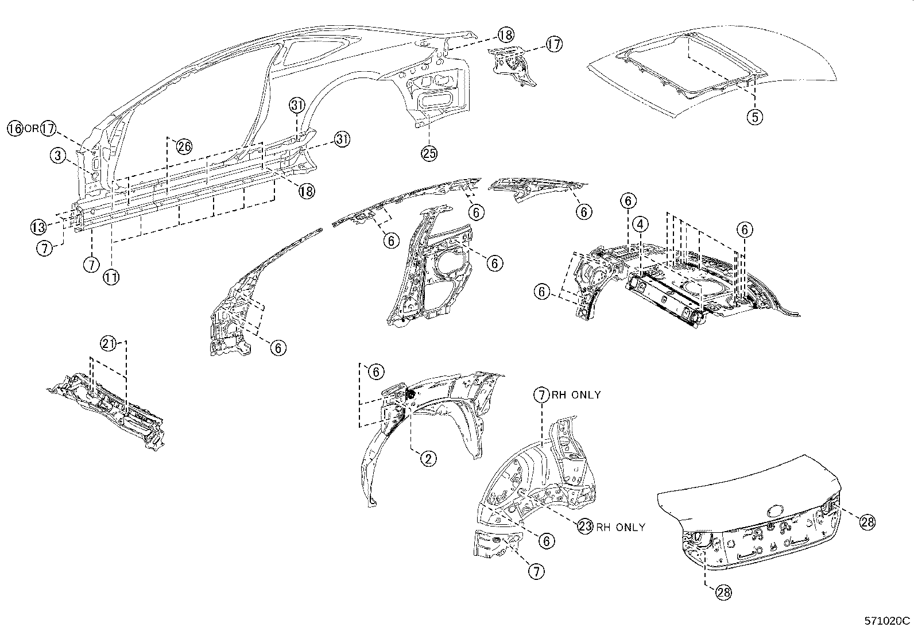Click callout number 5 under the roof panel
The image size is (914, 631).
(x=754, y=117)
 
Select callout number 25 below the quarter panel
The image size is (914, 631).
(x=429, y=153)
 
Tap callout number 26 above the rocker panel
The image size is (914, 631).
(x=184, y=146)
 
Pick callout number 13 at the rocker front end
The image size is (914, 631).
(x=38, y=226)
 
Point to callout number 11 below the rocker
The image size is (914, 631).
(x=111, y=277)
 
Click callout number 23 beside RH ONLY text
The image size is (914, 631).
(x=585, y=527)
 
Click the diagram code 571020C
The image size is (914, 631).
(x=888, y=621)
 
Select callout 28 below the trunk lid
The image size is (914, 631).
(x=724, y=593)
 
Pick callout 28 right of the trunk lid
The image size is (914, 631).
(x=867, y=521)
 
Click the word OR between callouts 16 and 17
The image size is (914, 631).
(x=32, y=129)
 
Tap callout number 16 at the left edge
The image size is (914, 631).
(x=16, y=129)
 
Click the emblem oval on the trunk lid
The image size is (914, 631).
(x=774, y=509)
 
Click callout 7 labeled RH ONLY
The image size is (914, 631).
(x=541, y=394)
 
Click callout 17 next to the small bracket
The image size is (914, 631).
(x=554, y=44)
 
